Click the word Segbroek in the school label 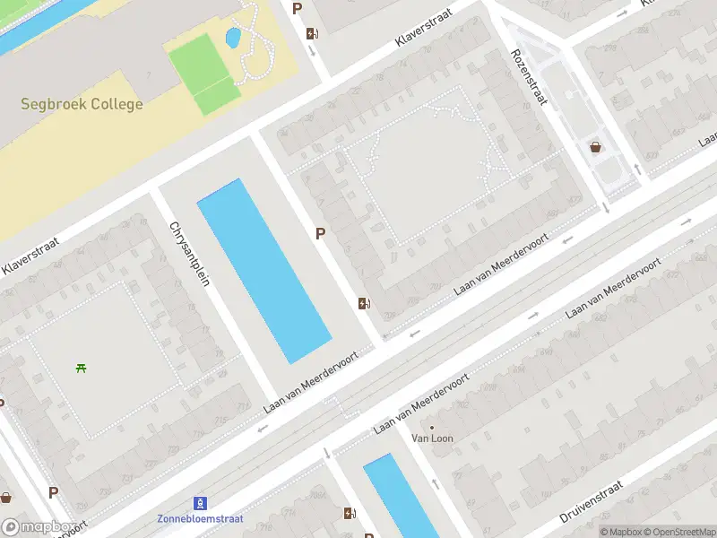[x=50, y=104]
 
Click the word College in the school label [x=113, y=104]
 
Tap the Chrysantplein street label [x=189, y=254]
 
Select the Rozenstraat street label [x=529, y=76]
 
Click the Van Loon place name [x=432, y=438]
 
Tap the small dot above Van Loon [x=432, y=427]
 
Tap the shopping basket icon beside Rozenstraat [x=596, y=147]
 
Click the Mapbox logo [x=38, y=527]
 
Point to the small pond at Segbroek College [x=233, y=38]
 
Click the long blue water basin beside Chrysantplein [x=263, y=269]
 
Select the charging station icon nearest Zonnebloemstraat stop [x=350, y=514]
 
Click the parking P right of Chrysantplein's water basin [x=320, y=233]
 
